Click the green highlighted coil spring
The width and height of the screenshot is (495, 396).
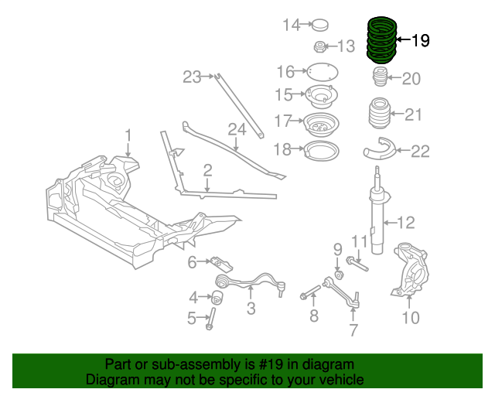pos(379,40)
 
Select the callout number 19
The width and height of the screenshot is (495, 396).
pos(419,40)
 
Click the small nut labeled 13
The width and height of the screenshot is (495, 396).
pos(320,46)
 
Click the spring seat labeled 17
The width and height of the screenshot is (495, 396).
pos(319,123)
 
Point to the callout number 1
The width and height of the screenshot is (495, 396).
pos(128,135)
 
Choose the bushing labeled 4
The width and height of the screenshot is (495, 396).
pos(218,295)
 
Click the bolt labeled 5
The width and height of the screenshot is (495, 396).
pos(210,318)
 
